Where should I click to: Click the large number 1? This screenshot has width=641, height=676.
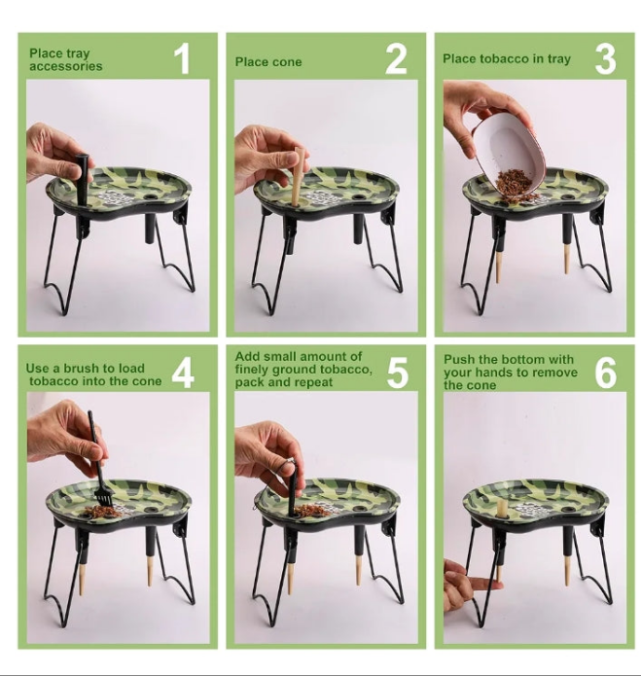click(183, 59)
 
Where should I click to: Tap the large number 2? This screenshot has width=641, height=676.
click(396, 59)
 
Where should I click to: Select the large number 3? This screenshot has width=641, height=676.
click(605, 59)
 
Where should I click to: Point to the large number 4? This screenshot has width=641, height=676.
click(183, 373)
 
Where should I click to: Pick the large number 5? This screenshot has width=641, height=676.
click(397, 373)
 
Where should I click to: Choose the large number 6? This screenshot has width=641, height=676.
click(606, 373)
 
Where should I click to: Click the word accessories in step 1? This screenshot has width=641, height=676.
click(66, 66)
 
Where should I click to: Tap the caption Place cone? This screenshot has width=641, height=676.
click(268, 62)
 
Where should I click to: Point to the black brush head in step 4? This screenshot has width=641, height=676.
click(103, 500)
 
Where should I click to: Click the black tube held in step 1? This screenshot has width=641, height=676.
click(83, 179)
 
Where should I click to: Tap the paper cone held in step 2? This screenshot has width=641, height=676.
click(297, 176)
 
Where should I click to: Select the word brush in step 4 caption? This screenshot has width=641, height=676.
click(83, 369)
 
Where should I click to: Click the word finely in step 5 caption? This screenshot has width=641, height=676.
click(251, 370)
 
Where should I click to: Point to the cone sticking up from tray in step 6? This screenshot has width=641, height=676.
click(501, 509)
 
